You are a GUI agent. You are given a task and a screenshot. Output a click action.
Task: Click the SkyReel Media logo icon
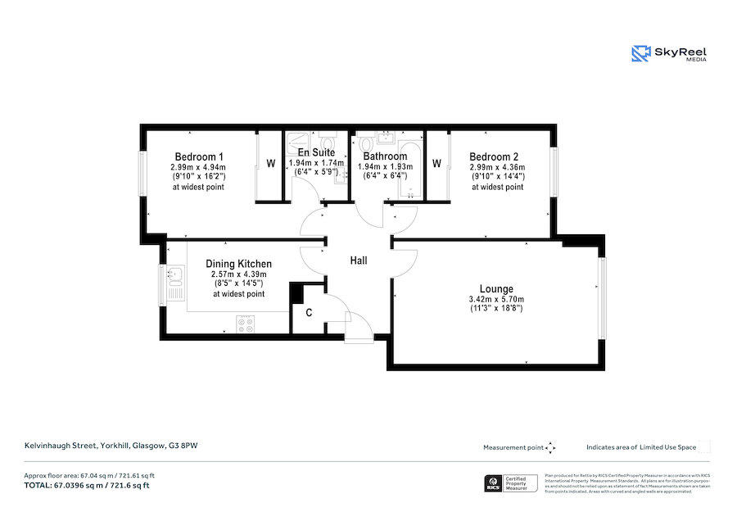click(640, 54)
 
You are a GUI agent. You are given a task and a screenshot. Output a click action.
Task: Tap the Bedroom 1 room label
click(198, 156)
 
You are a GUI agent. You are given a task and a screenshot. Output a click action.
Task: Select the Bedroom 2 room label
click(493, 156)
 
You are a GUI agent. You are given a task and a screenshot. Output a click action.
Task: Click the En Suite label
click(314, 152)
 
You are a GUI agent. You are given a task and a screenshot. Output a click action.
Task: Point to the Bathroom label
click(385, 156)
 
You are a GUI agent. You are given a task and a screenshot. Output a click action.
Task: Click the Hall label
click(359, 260)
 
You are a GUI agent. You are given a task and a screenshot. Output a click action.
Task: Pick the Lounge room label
click(496, 288)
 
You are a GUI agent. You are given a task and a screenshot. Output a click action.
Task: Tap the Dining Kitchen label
click(238, 264)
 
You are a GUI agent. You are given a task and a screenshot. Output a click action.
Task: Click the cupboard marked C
click(309, 312)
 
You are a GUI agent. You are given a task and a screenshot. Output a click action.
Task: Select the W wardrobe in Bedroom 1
click(269, 164)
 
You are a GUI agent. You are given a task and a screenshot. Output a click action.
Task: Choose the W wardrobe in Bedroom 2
click(436, 164)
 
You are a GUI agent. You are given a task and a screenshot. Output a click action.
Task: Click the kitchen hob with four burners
click(244, 324)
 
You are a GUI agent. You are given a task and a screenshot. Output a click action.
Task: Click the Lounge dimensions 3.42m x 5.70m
click(496, 299)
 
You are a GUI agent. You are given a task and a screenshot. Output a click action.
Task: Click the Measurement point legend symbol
click(550, 447)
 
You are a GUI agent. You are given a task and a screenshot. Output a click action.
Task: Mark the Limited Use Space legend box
click(703, 447)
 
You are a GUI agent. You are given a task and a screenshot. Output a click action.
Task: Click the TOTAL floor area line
click(87, 486)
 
